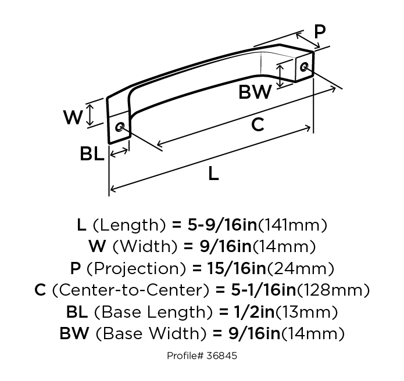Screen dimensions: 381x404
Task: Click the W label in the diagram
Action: click(x=73, y=118)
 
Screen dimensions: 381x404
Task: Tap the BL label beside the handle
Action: click(x=92, y=154)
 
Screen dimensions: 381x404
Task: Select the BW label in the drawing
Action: click(x=255, y=92)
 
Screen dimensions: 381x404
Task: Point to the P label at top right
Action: click(x=319, y=32)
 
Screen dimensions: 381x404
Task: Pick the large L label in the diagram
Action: click(x=213, y=174)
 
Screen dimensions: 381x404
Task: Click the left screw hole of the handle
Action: click(x=120, y=127)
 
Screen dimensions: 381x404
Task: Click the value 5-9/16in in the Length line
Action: click(x=219, y=225)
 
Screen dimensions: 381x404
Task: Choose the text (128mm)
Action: click(x=333, y=289)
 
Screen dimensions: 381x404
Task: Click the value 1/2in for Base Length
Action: click(x=241, y=311)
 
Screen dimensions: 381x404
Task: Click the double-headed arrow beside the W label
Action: click(x=90, y=115)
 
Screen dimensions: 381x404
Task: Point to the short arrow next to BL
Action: click(x=119, y=153)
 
